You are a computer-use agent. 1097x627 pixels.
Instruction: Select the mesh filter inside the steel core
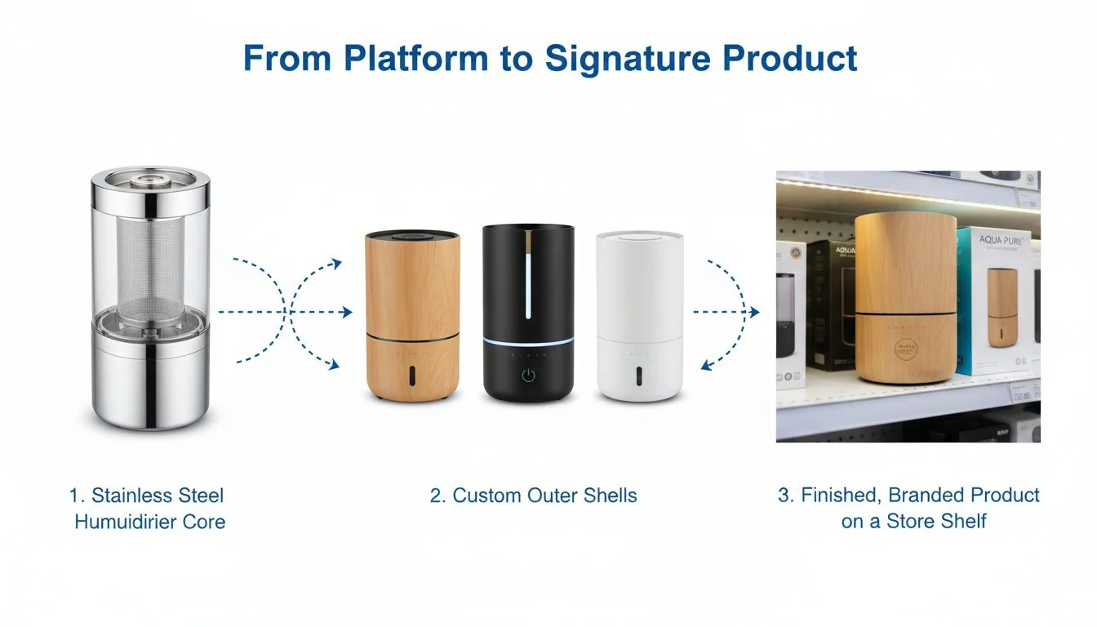tap(149, 258)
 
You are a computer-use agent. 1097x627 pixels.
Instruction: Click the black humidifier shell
tap(528, 313)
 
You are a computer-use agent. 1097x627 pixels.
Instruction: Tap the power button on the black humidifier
tap(528, 375)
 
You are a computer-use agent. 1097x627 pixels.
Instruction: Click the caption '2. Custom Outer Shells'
tap(533, 496)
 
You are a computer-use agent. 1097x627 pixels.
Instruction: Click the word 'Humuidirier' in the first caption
tap(131, 522)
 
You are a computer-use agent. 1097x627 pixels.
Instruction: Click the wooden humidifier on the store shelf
tap(905, 298)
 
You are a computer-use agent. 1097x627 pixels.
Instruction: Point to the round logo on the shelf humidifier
tap(906, 352)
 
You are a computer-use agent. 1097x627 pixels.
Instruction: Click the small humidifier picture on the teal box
tap(1002, 305)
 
